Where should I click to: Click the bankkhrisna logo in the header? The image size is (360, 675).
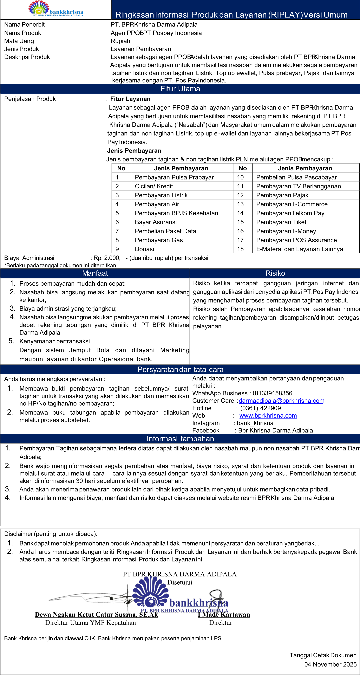point(56,9)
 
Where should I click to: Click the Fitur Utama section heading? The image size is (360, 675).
point(180,89)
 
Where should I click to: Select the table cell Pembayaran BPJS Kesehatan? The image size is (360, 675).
point(176,213)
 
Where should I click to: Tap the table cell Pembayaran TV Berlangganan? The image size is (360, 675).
point(298,186)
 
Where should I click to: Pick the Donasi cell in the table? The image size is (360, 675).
point(144,249)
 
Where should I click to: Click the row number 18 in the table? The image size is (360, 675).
point(240,249)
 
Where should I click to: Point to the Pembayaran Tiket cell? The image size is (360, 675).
point(281,222)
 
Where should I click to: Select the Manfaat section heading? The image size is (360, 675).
point(95,273)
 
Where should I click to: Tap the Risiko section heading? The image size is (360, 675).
point(275,273)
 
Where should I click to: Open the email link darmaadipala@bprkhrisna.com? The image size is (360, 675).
point(281,401)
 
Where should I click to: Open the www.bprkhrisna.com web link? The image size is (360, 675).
point(268,416)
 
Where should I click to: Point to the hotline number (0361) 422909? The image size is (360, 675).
point(260,408)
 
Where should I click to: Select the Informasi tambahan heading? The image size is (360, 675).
point(180,439)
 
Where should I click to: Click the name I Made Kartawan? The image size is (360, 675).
point(224,614)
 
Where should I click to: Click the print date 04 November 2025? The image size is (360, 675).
point(330,664)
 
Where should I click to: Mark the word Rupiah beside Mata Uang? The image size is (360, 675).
point(120,41)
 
